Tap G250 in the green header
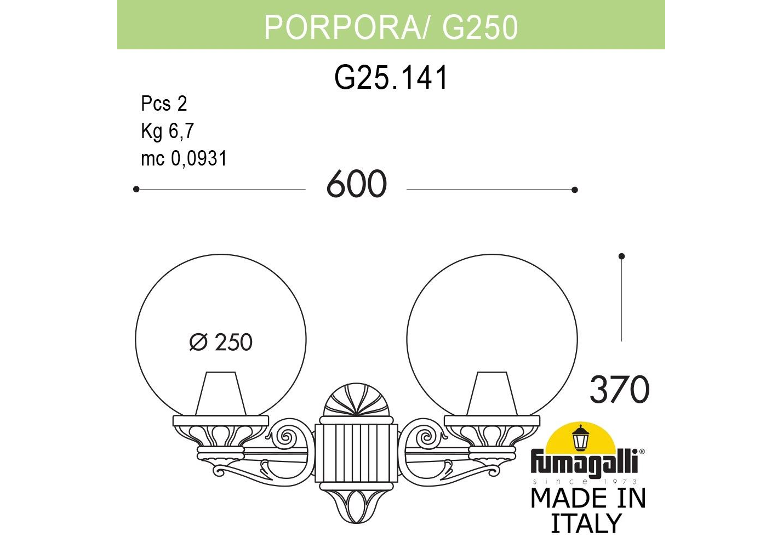(x=479, y=27)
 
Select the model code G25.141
(x=391, y=77)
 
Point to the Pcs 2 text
(x=164, y=104)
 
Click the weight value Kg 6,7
(x=167, y=131)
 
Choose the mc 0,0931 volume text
(x=184, y=158)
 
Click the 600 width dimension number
(x=357, y=184)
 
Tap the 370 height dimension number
(x=619, y=389)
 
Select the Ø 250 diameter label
(x=221, y=342)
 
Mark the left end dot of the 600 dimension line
(x=136, y=189)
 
